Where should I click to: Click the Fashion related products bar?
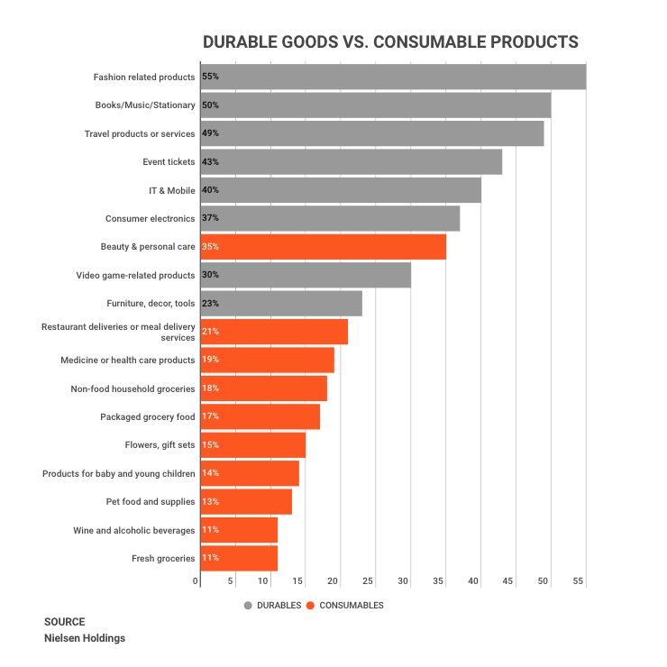coord(393,78)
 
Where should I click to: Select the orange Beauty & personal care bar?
coord(323,246)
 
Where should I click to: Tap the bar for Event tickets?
coord(351,162)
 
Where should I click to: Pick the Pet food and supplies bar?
coord(246,501)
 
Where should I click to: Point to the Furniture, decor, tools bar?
coord(281,303)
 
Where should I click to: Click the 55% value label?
coord(210,78)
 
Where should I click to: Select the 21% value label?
coord(210,332)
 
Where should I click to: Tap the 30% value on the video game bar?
coord(210,275)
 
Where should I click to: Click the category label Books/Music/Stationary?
coord(145,105)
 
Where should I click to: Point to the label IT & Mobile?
coord(171,190)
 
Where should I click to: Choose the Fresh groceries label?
coord(163,558)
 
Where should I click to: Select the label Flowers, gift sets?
coord(160,444)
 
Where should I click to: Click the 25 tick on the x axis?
coord(370,581)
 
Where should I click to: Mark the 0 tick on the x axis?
coord(196,581)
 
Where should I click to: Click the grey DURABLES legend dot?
coord(248,605)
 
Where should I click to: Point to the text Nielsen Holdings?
coord(85,638)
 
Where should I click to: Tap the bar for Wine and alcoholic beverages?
coord(239,530)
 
